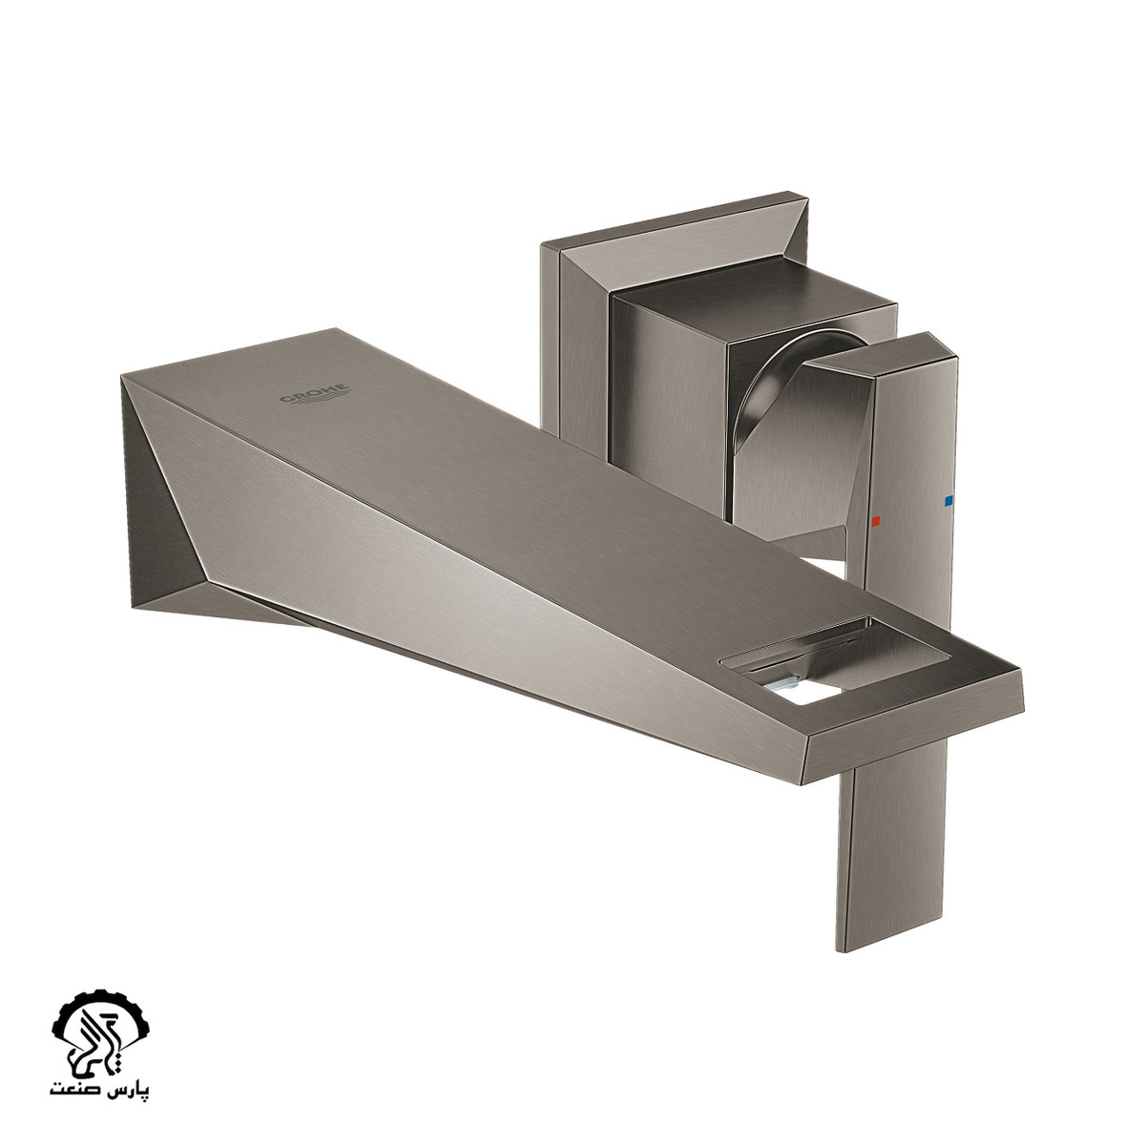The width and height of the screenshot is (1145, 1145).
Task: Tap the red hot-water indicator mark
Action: pos(874,522)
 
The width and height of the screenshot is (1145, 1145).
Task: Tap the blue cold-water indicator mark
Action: pos(947,501)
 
